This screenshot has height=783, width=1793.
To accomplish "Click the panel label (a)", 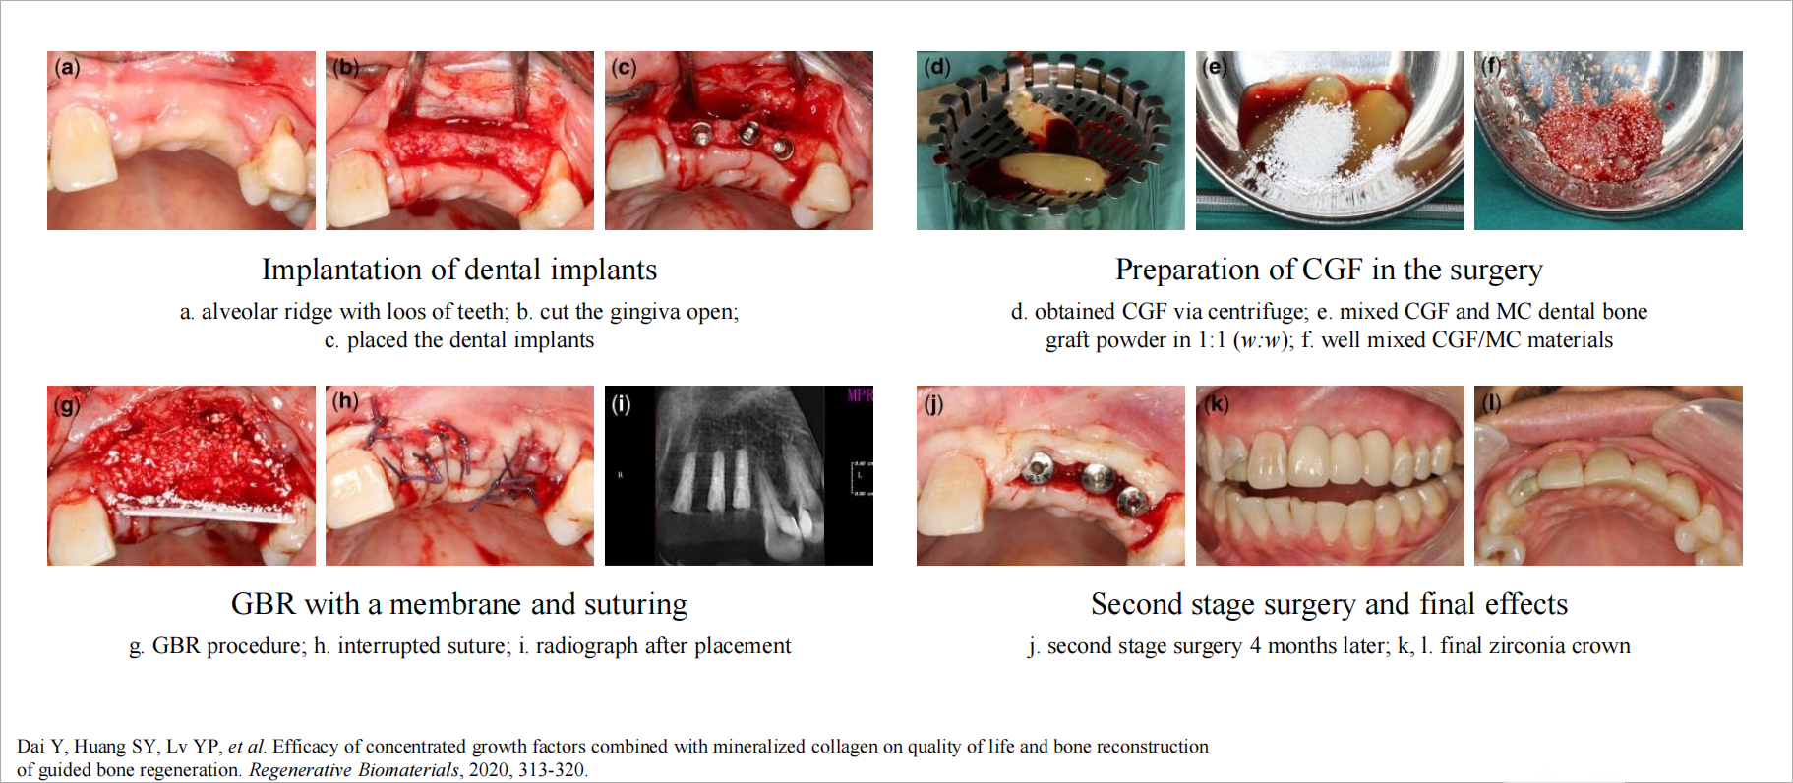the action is pos(68,67).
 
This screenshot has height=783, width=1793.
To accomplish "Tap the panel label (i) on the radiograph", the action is pos(621,404).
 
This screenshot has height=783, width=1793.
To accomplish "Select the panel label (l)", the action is pos(1492,403).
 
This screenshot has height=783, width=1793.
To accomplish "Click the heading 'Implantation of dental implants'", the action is pos(459,270).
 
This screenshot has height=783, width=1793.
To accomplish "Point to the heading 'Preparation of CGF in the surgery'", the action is pos(1329,270).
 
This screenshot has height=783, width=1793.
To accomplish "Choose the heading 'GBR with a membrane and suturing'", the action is pos(459,604).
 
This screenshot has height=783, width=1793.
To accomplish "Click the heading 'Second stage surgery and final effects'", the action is pos(1329,604).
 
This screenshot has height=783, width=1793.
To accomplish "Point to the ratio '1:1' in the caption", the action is pos(1212,340).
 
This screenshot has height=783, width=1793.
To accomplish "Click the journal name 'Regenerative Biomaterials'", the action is pos(354,770).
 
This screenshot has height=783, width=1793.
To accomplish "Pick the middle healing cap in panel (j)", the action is pos(1095,479).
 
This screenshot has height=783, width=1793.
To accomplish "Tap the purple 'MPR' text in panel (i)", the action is pos(860,395).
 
